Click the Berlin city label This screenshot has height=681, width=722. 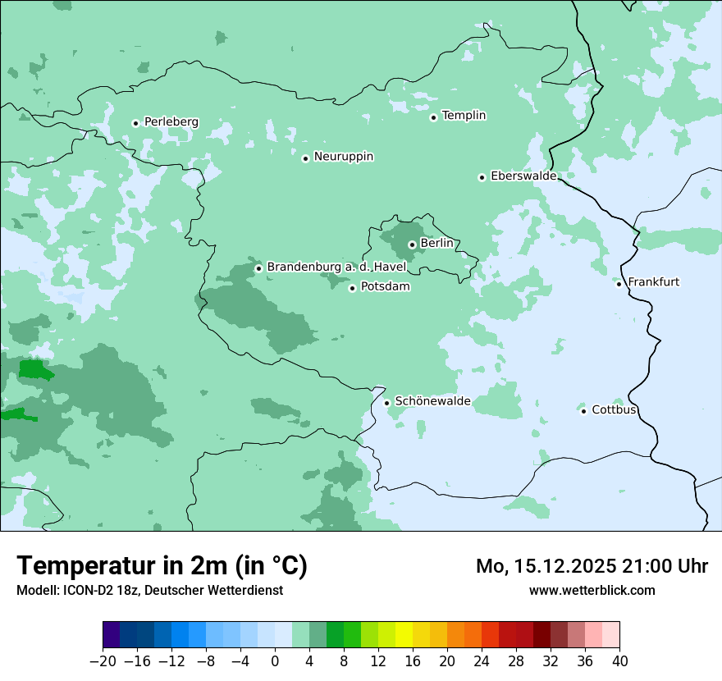(x=436, y=244)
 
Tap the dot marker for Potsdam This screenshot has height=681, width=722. (x=352, y=288)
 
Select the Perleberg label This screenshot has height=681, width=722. (x=171, y=122)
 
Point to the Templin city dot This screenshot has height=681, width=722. (x=433, y=117)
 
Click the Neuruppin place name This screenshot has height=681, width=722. (x=343, y=157)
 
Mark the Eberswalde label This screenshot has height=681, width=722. (x=523, y=176)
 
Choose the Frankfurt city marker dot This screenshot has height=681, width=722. (x=619, y=284)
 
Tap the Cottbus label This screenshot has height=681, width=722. (x=614, y=409)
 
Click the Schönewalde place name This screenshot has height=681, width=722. (x=432, y=401)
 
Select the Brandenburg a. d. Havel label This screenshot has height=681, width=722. (x=336, y=267)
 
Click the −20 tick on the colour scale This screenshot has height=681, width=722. (x=103, y=661)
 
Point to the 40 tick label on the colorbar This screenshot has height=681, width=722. (x=619, y=661)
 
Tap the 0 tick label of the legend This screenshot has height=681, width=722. (x=275, y=661)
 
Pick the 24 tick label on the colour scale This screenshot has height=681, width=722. (x=482, y=661)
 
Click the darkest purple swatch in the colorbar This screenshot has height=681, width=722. (x=111, y=635)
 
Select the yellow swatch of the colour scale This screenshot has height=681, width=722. (x=404, y=635)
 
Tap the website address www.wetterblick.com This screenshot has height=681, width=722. (x=592, y=590)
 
